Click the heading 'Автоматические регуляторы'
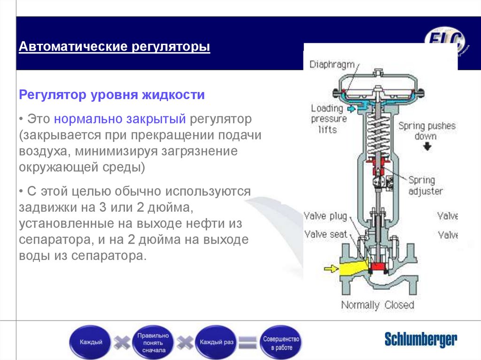tap(114, 47)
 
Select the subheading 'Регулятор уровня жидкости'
tap(112, 95)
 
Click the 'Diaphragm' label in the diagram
tap(332, 65)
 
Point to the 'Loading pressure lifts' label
tap(327, 118)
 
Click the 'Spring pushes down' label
tap(427, 131)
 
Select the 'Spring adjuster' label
tap(425, 185)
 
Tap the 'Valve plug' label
tap(326, 216)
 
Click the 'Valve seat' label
tap(326, 234)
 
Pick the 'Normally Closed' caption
tap(378, 305)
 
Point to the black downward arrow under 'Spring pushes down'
tap(427, 146)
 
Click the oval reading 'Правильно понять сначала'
tap(152, 343)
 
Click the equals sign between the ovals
tap(248, 343)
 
